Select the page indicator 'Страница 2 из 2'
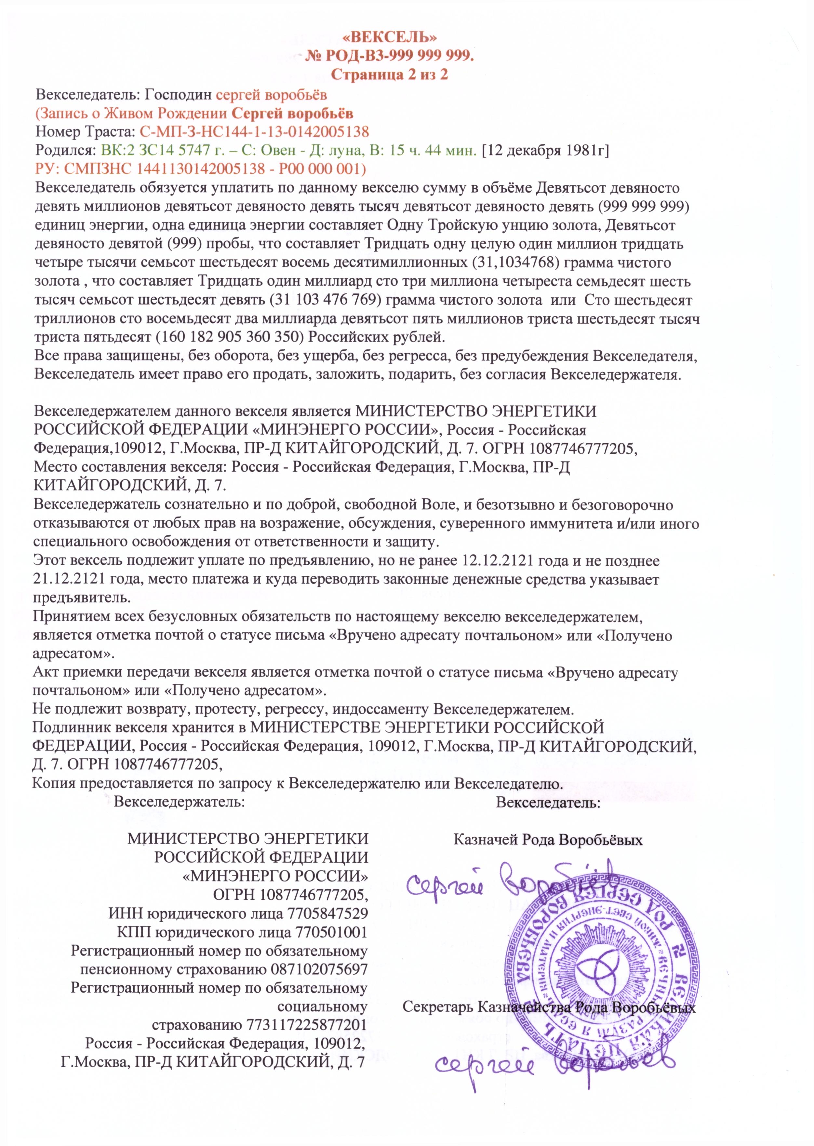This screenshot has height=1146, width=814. [390, 75]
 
